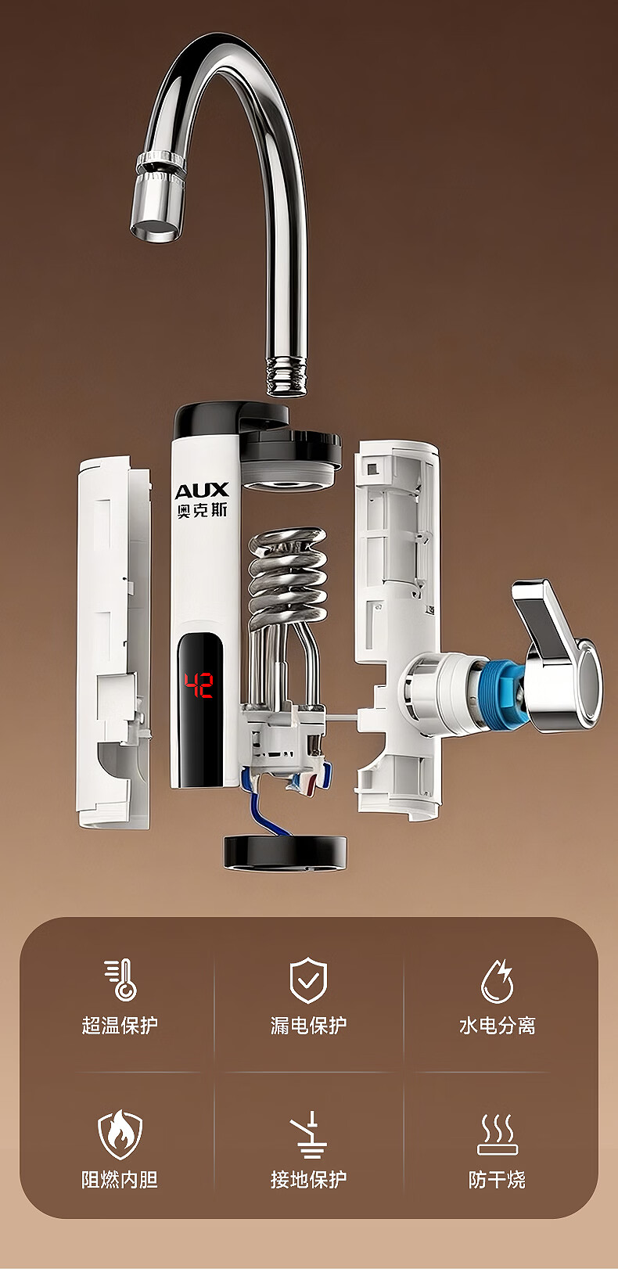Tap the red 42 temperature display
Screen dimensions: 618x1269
(198, 685)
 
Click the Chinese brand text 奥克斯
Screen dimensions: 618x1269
(202, 510)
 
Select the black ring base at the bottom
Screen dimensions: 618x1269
(286, 854)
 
